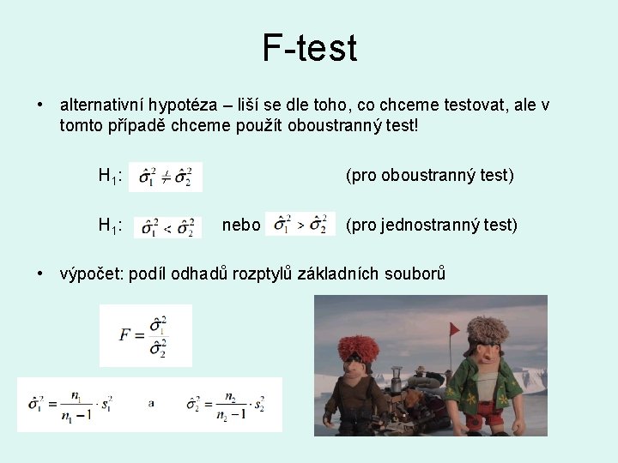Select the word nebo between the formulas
pos(240,225)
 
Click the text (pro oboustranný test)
pos(429,176)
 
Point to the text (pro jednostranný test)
pos(431,225)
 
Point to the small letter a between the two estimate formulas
pos(151,403)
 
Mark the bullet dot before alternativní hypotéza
pos(40,105)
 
